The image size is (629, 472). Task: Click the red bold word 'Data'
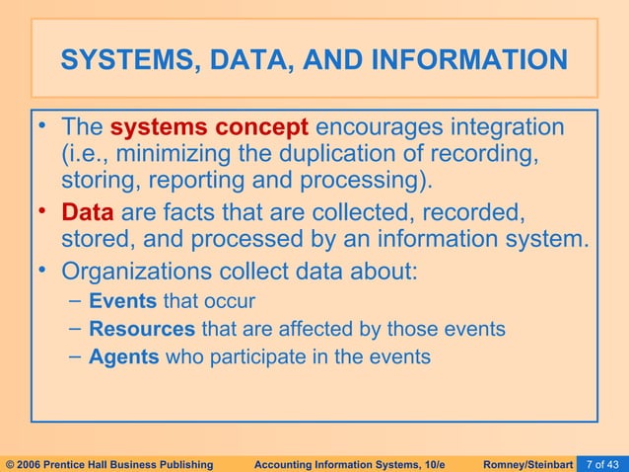(x=88, y=211)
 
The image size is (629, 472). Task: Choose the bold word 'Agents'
(x=124, y=356)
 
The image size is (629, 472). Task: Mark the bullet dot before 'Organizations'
(x=44, y=266)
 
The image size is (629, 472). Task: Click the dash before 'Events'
(x=76, y=301)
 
